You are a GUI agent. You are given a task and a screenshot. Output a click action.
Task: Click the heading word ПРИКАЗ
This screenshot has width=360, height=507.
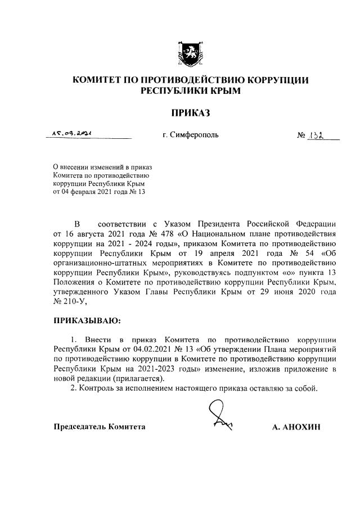[x=190, y=114]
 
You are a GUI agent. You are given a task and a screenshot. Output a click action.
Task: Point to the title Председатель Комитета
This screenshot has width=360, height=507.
[x=99, y=427]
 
